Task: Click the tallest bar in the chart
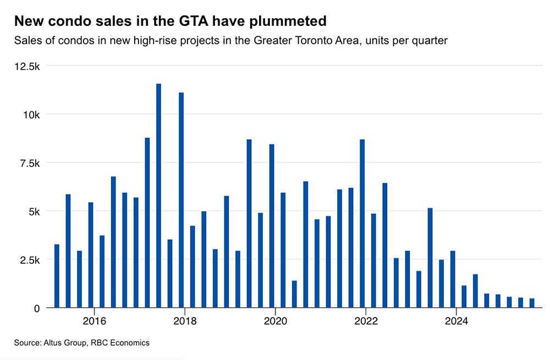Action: (x=158, y=196)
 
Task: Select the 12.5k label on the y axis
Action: (x=28, y=67)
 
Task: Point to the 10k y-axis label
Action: (x=31, y=115)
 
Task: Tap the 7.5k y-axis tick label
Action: (x=30, y=163)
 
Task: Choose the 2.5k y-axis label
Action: (x=30, y=260)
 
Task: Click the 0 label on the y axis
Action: (x=36, y=308)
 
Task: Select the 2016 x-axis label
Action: (x=94, y=321)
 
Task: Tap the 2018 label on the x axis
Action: (x=184, y=321)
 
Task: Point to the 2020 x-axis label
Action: (x=274, y=321)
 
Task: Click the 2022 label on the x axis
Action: (x=365, y=321)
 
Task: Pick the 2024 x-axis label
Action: (x=455, y=321)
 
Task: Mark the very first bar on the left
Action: (x=57, y=276)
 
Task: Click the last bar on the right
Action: (x=532, y=303)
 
